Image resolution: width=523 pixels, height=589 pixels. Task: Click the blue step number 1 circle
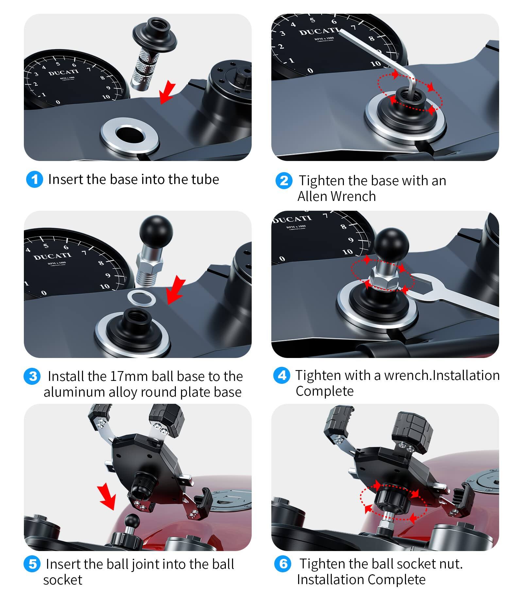coord(34,180)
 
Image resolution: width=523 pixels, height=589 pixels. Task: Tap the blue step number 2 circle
coord(284,181)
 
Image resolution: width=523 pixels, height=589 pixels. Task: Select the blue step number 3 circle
coord(32,376)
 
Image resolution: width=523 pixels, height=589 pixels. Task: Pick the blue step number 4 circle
coord(281,375)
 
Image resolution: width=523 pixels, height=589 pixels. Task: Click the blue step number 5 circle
coord(32,564)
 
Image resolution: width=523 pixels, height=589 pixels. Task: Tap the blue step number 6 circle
coord(283,564)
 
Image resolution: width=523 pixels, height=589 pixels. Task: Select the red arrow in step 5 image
coord(107,497)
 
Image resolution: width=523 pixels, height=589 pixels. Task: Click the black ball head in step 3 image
coord(156,232)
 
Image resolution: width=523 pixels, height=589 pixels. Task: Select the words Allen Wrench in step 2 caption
coord(336,197)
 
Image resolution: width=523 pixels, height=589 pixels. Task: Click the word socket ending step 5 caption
coord(63,580)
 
